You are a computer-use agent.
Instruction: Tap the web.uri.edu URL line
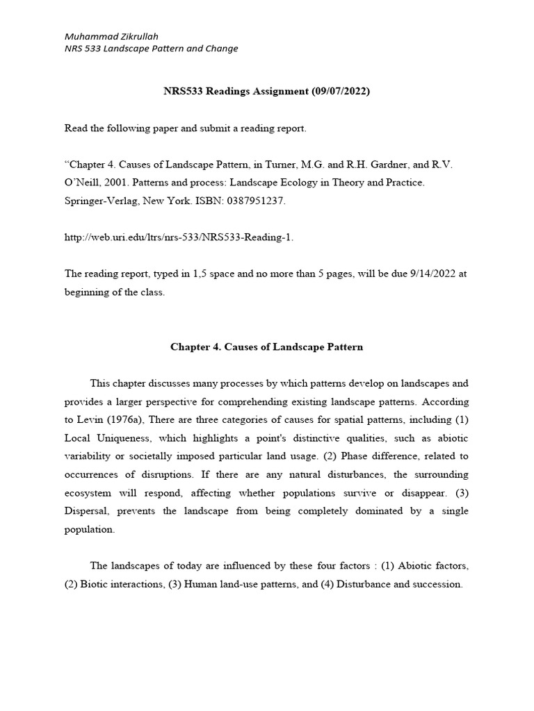[x=179, y=237]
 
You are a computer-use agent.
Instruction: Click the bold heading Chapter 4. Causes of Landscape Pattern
[x=267, y=346]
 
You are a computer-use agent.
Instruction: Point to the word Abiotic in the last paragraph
[x=414, y=566]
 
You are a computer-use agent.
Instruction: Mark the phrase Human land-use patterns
[x=238, y=584]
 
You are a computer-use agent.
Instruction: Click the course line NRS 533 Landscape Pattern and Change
[x=151, y=49]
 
